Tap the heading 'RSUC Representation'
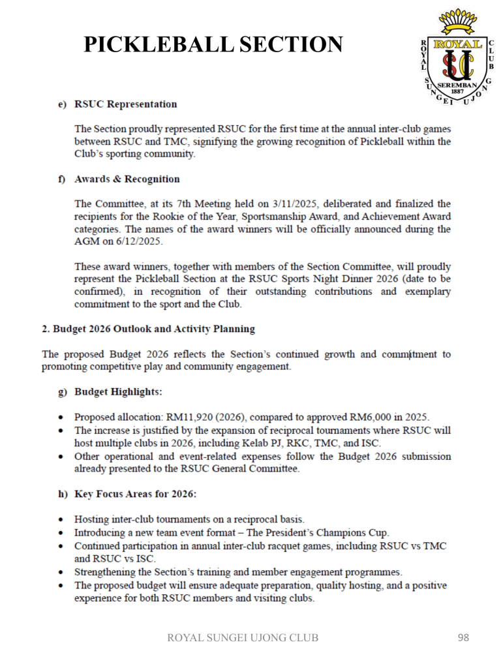pos(126,104)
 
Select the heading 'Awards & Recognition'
pos(127,179)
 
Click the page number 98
pos(464,637)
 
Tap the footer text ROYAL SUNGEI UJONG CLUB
pos(244,638)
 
